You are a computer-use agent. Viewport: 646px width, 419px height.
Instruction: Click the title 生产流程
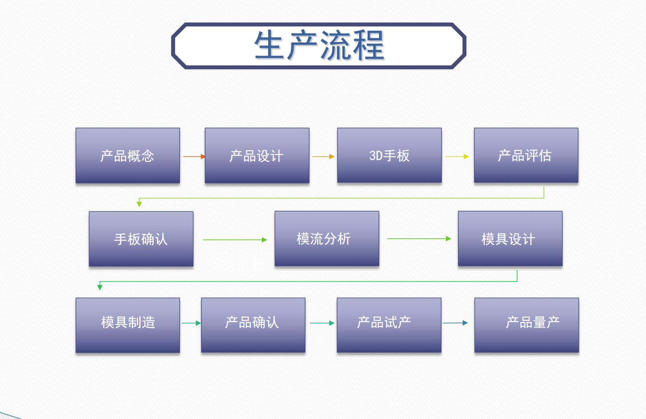(x=319, y=46)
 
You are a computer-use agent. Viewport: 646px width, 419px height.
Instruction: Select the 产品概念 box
(x=128, y=155)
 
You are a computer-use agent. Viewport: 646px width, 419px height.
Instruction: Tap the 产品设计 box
(x=257, y=155)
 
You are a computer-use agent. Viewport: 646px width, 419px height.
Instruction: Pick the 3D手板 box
(x=389, y=155)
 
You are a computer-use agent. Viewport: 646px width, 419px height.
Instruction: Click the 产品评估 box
(x=526, y=155)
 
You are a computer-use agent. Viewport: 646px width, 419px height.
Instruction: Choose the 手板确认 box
(x=141, y=239)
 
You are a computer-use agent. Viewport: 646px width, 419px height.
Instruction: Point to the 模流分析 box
(x=327, y=239)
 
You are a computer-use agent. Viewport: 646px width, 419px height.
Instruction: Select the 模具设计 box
(x=510, y=239)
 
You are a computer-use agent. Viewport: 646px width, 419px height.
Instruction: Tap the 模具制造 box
(x=128, y=325)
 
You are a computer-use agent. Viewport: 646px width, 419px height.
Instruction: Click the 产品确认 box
(x=253, y=325)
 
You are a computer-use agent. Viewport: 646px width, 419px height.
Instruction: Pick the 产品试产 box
(x=389, y=325)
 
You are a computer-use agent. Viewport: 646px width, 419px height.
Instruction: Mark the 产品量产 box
(x=526, y=325)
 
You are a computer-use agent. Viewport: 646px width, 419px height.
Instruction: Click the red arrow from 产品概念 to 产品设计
(x=194, y=156)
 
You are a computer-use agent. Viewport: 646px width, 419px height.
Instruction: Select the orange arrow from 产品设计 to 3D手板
(x=323, y=156)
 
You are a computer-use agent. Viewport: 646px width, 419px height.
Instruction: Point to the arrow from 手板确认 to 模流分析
(x=235, y=240)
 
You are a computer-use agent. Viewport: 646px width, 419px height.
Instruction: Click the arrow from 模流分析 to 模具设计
(x=419, y=239)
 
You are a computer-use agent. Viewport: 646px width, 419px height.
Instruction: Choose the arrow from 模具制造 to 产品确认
(x=191, y=323)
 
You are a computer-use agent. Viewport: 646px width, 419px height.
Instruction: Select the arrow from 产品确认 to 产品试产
(x=322, y=323)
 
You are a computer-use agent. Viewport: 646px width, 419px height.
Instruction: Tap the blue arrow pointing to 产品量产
(x=455, y=323)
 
